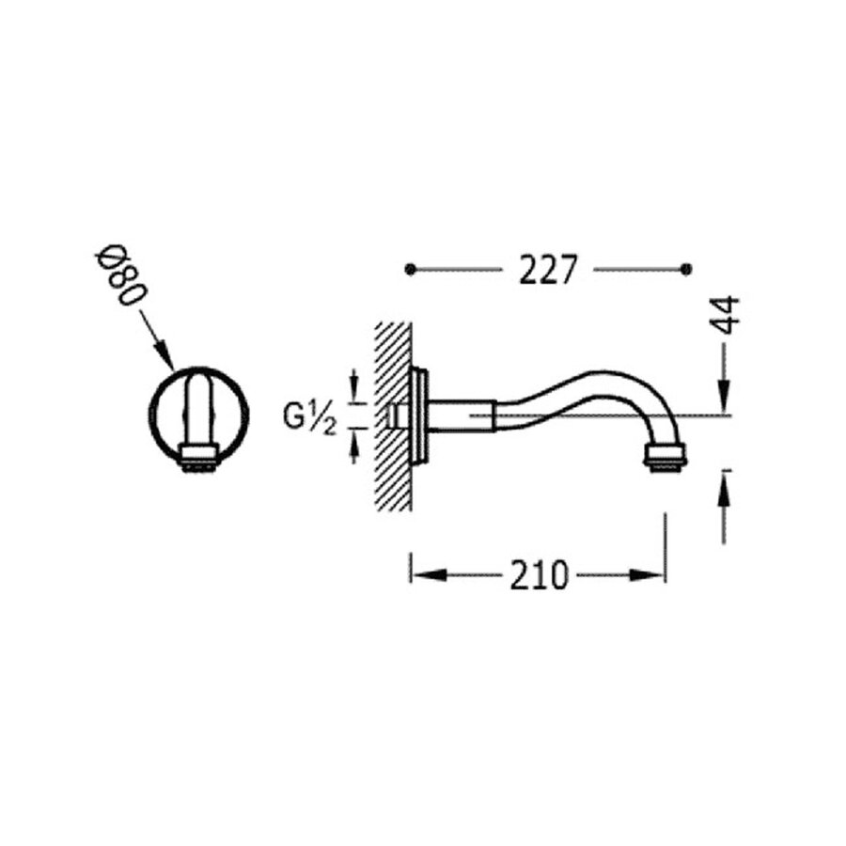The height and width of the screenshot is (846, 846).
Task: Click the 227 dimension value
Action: coord(547,271)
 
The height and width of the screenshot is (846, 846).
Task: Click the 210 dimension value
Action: coord(540,574)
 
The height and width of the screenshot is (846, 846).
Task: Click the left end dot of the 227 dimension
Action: coord(409,270)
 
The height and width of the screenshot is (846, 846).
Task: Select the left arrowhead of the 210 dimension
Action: coord(419,574)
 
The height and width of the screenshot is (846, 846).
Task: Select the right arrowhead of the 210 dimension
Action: coord(655,574)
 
